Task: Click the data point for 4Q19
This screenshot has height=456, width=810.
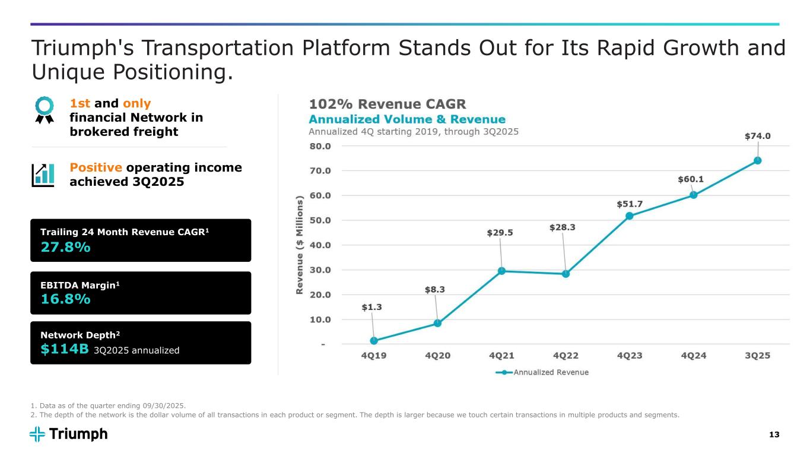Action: [374, 341]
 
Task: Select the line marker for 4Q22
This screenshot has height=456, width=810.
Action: [566, 274]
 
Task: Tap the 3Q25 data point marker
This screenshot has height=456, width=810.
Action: [757, 160]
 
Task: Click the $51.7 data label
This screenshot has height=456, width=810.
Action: [629, 204]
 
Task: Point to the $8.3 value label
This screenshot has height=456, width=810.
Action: [434, 290]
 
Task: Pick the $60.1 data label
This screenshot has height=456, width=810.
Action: [691, 179]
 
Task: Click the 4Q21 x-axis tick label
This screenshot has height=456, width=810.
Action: [501, 356]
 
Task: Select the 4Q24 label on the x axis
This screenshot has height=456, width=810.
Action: [693, 356]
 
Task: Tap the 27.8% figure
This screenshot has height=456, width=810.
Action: [65, 248]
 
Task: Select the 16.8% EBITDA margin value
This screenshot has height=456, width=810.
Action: [65, 299]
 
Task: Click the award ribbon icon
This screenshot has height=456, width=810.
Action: [45, 109]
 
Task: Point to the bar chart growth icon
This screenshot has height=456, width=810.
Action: [43, 174]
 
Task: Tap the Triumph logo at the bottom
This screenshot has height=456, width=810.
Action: [69, 434]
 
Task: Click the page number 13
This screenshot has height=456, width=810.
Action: [774, 435]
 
